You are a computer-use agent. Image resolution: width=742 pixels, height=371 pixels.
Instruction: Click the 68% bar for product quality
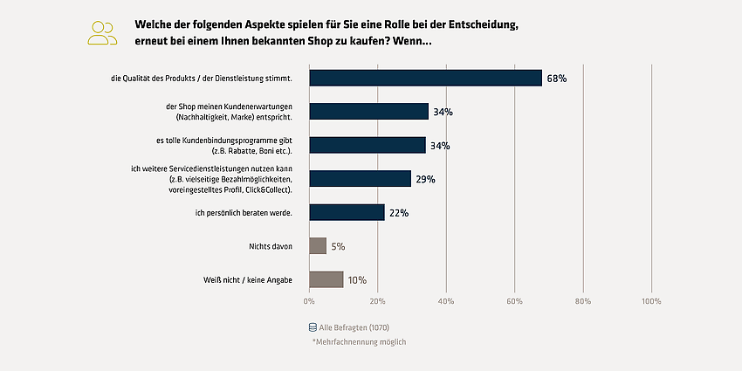tap(425, 78)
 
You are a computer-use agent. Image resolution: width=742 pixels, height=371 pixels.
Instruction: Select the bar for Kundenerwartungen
tap(368, 111)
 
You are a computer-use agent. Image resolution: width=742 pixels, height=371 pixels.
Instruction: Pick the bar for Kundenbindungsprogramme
tap(368, 145)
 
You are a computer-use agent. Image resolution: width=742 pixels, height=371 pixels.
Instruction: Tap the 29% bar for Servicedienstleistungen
tap(361, 178)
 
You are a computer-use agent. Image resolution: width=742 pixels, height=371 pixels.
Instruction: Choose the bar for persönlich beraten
tap(347, 212)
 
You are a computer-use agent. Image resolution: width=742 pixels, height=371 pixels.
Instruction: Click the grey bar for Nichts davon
tap(318, 245)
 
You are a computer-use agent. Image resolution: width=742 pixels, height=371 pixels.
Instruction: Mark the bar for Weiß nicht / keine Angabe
tap(326, 279)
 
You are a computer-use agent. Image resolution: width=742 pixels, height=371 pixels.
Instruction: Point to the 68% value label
tap(557, 79)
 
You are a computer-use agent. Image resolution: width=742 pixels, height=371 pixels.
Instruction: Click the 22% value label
tap(398, 213)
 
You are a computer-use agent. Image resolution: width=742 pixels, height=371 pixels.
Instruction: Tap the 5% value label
tap(338, 246)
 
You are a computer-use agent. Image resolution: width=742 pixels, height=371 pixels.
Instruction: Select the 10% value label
tap(357, 280)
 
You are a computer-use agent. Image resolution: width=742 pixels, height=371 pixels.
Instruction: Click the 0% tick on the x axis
tap(309, 301)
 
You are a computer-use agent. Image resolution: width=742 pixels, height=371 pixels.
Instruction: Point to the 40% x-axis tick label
tap(446, 301)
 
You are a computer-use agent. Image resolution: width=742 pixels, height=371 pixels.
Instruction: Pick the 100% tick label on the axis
tap(651, 301)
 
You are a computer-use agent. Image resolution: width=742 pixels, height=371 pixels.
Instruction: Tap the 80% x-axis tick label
tap(583, 301)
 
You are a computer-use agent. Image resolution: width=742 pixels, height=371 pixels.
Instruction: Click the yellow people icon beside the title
tap(102, 33)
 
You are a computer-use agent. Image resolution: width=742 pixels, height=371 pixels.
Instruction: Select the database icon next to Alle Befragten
tap(313, 327)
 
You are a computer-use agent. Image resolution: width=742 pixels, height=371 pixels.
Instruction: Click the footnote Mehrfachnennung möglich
tap(359, 341)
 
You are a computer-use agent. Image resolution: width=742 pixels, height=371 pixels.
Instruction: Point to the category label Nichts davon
tap(271, 246)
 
